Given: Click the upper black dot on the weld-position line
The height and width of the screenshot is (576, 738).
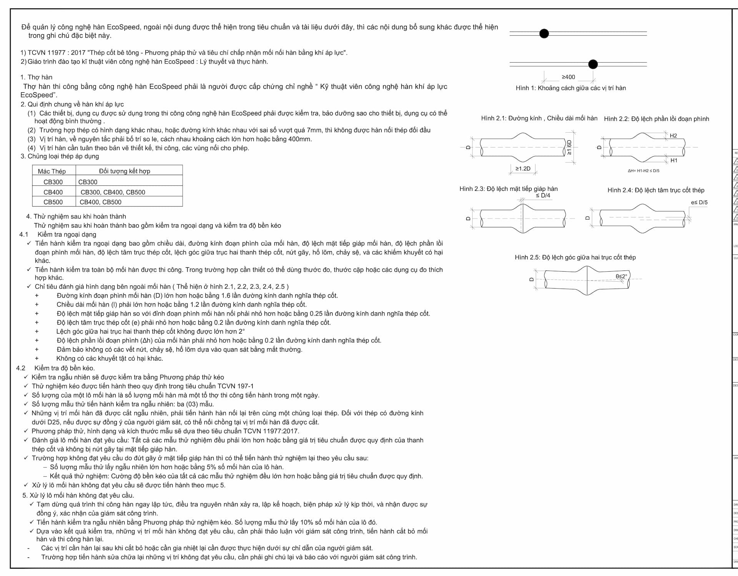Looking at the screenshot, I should click(544, 33).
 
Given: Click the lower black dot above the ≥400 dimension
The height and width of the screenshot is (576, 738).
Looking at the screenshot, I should click(593, 64).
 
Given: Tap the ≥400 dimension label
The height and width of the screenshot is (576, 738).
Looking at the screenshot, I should click(568, 77).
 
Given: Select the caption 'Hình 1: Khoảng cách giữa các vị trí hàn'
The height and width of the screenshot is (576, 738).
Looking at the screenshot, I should click(570, 88).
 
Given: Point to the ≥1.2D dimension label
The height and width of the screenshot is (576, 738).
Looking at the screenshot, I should click(523, 169).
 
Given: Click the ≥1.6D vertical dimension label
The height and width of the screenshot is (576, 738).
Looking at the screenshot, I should click(569, 147).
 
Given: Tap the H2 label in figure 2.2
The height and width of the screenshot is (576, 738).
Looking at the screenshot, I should click(673, 136).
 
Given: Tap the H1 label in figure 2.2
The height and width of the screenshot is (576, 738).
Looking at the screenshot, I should click(674, 160).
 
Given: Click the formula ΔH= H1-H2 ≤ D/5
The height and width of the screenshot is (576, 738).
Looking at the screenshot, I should click(643, 171).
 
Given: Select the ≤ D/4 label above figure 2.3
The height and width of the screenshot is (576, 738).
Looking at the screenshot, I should click(543, 195).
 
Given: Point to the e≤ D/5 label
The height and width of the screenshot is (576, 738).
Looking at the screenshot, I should click(699, 202).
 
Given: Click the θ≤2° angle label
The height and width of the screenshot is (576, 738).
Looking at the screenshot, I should click(621, 276).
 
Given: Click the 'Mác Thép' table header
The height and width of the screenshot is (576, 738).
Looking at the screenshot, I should click(52, 171).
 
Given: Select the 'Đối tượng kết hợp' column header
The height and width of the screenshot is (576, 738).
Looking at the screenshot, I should click(125, 171).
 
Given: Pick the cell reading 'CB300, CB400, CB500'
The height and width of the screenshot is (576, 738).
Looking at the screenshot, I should click(113, 192).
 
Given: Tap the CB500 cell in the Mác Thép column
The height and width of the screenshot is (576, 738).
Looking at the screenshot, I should click(53, 202).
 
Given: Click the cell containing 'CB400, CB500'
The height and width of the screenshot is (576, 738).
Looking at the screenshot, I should click(100, 202).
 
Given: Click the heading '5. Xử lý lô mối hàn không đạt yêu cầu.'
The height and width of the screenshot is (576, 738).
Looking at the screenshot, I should click(78, 495).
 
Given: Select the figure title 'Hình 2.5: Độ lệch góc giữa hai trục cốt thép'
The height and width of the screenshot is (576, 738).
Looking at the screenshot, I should click(575, 257).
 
